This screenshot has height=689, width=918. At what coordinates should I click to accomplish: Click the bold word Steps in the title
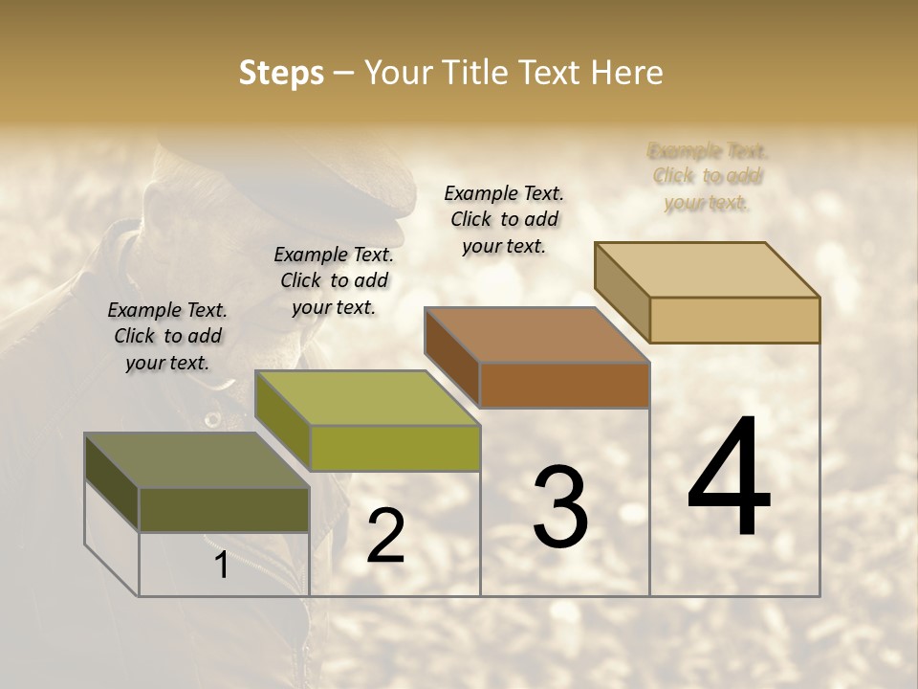coord(281,74)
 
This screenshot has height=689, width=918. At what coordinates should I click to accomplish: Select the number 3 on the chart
coord(560,507)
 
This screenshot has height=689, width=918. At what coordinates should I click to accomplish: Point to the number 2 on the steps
coord(386,537)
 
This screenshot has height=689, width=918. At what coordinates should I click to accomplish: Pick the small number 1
coord(222,566)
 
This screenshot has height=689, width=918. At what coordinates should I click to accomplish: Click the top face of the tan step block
coord(707,270)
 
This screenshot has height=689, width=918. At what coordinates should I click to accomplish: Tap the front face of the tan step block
coord(734,320)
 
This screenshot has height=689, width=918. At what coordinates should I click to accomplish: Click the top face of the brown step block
coord(536,335)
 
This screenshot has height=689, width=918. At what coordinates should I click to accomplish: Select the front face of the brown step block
coord(564,385)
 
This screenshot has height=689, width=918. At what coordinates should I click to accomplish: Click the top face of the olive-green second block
coord(367,398)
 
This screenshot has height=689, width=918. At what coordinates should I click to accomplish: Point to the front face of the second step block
coord(395,448)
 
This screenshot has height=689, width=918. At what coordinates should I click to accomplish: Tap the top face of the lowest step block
coord(196,460)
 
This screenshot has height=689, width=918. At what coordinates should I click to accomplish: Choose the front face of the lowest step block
coord(224,509)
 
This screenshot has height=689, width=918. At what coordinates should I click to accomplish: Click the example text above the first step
coord(167,336)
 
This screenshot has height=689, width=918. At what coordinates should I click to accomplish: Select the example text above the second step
coord(334,280)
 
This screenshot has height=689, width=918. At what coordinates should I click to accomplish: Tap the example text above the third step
coord(504,219)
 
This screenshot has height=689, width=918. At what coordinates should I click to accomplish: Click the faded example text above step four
coord(708,176)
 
